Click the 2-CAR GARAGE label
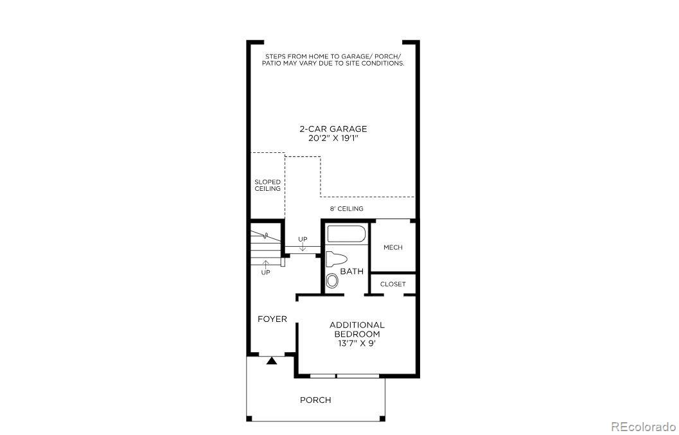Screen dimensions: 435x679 tap(333, 129)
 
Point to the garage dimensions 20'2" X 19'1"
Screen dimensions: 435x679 tap(333, 138)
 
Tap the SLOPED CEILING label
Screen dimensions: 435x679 tap(267, 185)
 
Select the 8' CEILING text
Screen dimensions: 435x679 tap(347, 209)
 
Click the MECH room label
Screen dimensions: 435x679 tap(392, 247)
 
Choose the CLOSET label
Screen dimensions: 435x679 tap(392, 284)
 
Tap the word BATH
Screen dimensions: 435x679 tap(351, 271)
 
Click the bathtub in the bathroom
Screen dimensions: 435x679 tap(346, 234)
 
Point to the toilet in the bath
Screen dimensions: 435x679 tap(336, 260)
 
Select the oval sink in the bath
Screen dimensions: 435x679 tap(332, 281)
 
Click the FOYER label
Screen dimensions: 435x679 tap(272, 319)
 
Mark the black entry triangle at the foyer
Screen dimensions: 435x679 tap(272, 361)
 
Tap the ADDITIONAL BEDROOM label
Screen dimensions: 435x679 tap(357, 330)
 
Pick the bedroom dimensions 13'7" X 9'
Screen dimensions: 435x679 tap(357, 344)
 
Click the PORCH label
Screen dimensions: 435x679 tap(315, 400)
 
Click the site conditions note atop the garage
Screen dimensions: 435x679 tap(333, 60)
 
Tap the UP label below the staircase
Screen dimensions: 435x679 tap(265, 272)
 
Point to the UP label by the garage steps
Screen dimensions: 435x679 tap(303, 240)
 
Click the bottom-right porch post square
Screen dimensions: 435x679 tap(382, 419)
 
